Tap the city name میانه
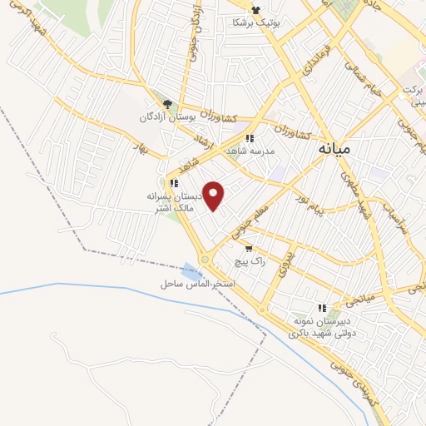[335, 148]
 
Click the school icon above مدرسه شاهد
[249, 139]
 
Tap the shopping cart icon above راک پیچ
[248, 248]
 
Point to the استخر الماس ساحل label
[198, 285]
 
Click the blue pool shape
[191, 271]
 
